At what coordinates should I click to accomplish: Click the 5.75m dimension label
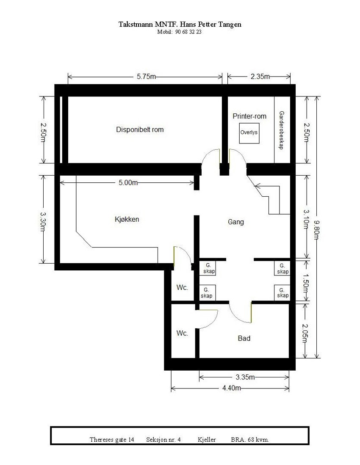click(x=146, y=77)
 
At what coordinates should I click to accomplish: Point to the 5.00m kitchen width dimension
click(x=128, y=182)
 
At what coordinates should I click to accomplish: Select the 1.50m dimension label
click(x=306, y=281)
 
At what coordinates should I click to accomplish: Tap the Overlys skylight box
click(x=249, y=132)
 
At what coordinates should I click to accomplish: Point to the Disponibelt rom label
click(x=140, y=129)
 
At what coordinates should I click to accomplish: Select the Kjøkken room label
click(x=127, y=219)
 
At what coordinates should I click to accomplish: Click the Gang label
click(x=236, y=222)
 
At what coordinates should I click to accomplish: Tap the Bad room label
click(x=244, y=338)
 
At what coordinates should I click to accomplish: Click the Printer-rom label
click(x=249, y=116)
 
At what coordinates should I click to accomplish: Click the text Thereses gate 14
click(x=112, y=440)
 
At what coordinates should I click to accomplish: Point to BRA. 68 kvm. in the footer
click(x=250, y=440)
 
